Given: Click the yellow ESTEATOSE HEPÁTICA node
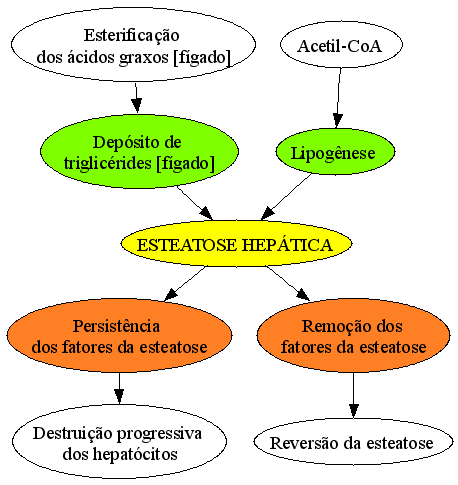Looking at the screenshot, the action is (x=236, y=244).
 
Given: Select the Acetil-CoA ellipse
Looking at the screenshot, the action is (x=341, y=45).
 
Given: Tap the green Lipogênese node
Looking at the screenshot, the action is (x=335, y=152).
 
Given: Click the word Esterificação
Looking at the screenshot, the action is (x=132, y=35).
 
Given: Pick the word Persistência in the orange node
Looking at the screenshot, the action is (x=116, y=326).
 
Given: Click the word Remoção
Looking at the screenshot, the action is (x=334, y=326).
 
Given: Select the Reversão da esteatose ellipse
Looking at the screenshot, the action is (x=353, y=442).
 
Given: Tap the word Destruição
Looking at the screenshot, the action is (x=72, y=434).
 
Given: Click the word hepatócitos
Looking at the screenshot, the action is (x=135, y=454).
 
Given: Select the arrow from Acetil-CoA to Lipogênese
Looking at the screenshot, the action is (x=339, y=98).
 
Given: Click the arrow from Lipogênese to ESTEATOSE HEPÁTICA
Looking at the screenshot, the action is (x=286, y=197).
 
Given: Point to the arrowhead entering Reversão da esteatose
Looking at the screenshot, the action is (x=354, y=411).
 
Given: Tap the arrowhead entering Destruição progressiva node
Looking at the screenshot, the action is (x=119, y=397).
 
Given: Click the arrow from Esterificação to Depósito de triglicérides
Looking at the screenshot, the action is (x=136, y=98).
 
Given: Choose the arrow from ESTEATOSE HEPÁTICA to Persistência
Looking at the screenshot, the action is (x=185, y=283).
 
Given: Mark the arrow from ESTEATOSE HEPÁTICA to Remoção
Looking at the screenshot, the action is (x=288, y=283).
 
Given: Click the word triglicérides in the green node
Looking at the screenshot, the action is (x=107, y=163).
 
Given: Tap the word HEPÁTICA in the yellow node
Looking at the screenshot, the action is (x=287, y=245).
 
